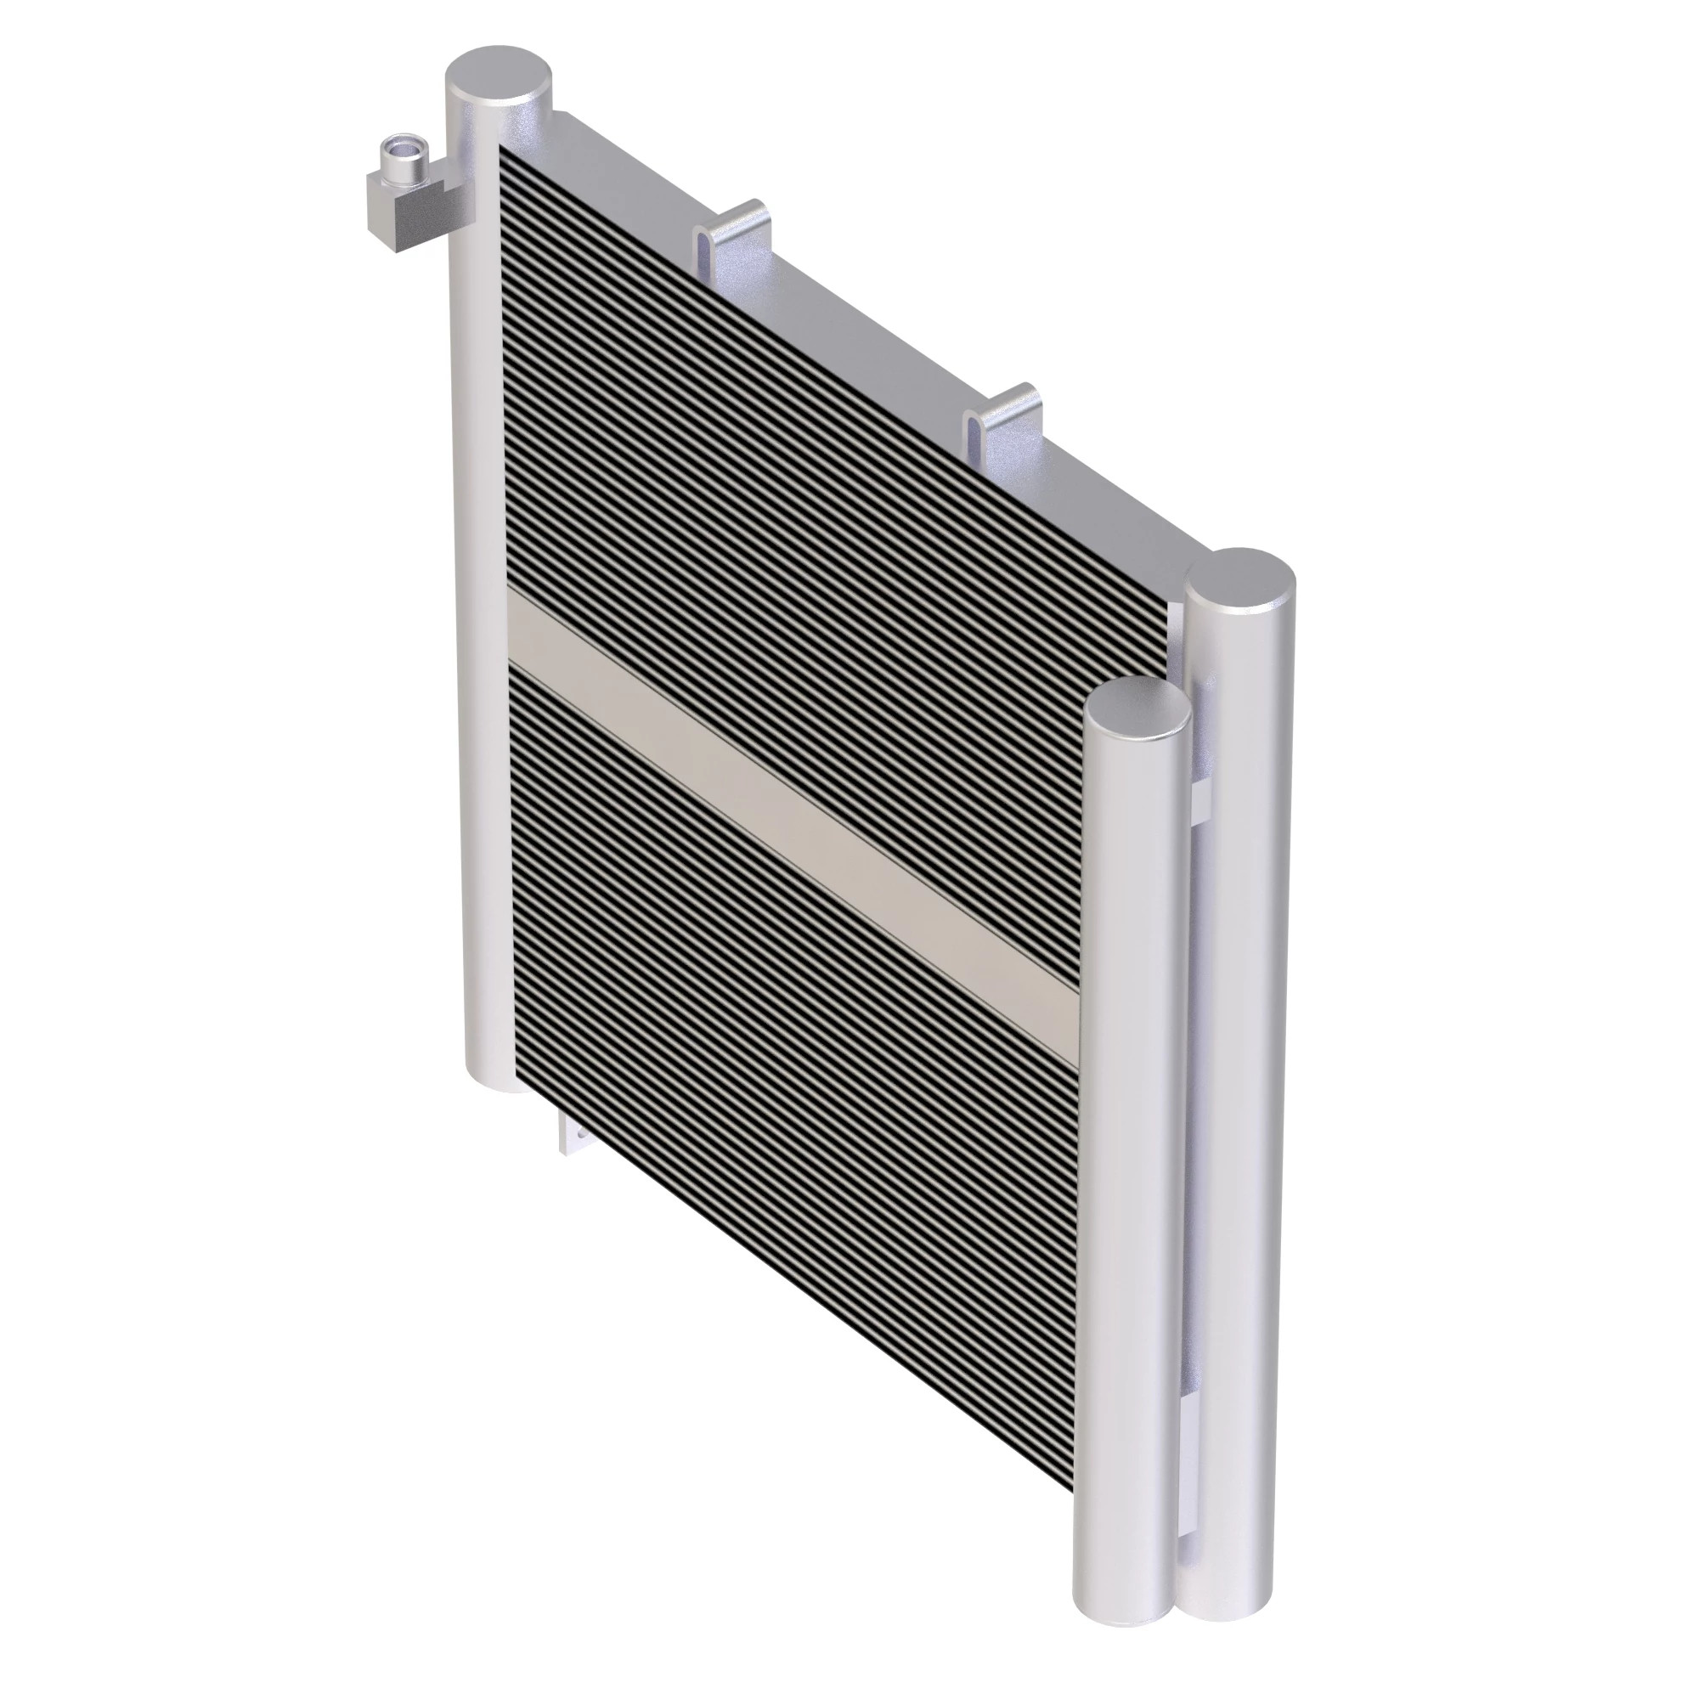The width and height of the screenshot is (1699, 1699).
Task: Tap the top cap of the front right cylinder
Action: coord(1138,703)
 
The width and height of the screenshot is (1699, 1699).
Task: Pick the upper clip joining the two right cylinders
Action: coord(1201,796)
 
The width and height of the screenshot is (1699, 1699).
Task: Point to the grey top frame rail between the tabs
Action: coord(861,343)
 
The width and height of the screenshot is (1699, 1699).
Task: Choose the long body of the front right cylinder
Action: coord(1130,1143)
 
